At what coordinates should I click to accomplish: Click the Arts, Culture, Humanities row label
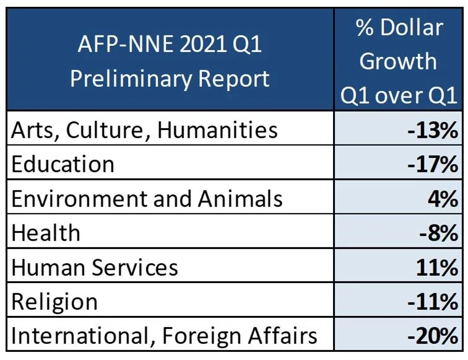[x=145, y=130]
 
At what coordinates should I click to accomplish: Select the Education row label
[x=63, y=164]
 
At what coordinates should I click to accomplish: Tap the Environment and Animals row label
[x=147, y=198]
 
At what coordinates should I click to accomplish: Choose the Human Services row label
[x=95, y=267]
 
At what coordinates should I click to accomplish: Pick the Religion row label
[x=55, y=302]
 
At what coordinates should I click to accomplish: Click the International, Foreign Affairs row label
[x=165, y=336]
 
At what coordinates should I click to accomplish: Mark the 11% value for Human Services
[x=438, y=268]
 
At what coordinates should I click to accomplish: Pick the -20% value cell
[x=433, y=336]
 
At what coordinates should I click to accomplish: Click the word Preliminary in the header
[x=131, y=79]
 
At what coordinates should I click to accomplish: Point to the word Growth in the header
[x=398, y=61]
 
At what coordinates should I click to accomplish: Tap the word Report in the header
[x=235, y=79]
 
